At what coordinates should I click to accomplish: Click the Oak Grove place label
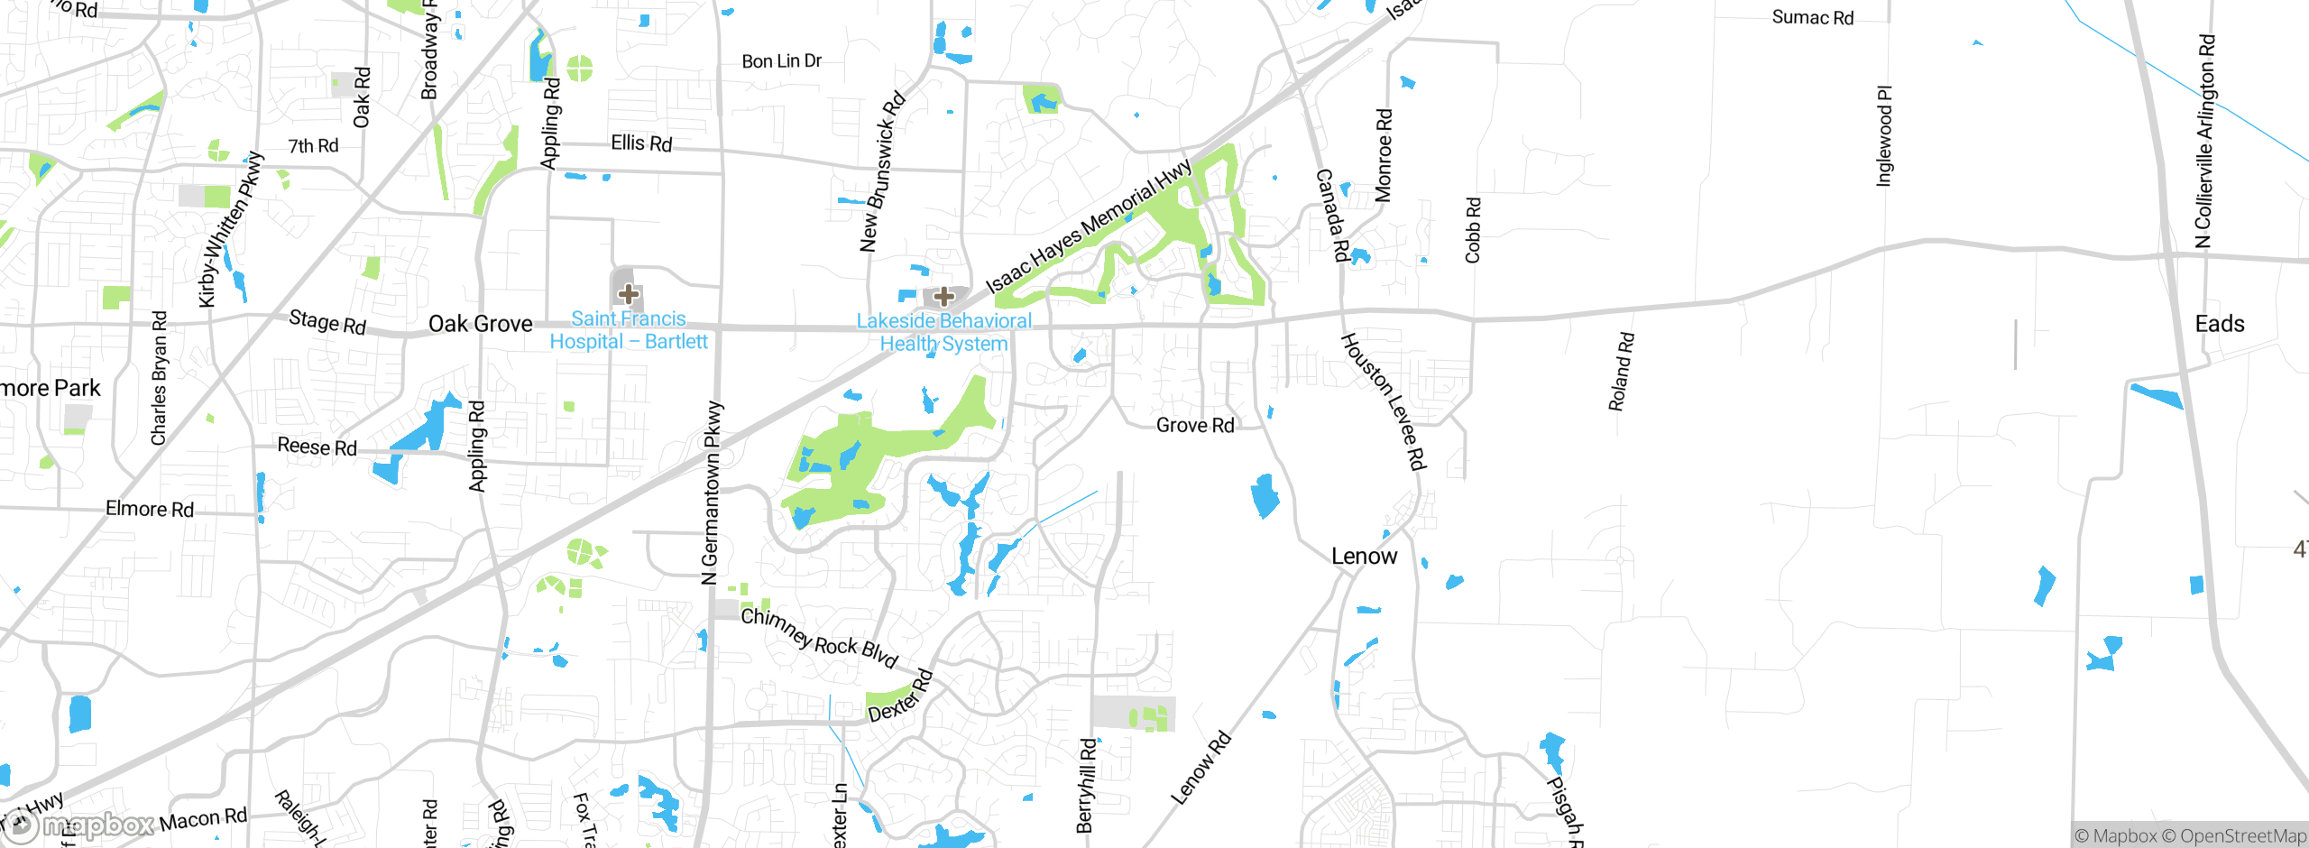[x=480, y=324]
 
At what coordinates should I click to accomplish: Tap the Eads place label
[x=2219, y=324]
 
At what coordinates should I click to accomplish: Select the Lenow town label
[x=1364, y=557]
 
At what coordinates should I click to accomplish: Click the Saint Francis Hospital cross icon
[x=629, y=293]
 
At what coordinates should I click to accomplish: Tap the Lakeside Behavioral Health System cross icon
[x=943, y=296]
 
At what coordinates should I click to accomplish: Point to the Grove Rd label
[x=1195, y=425]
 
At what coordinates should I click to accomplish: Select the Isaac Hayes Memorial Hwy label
[x=1088, y=226]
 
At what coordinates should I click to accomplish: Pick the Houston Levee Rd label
[x=1383, y=401]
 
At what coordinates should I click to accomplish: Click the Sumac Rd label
[x=1812, y=17]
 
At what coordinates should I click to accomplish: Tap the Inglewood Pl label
[x=1884, y=136]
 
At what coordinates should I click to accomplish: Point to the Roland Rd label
[x=1621, y=372]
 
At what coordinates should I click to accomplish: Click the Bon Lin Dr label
[x=781, y=61]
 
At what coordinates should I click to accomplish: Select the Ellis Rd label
[x=641, y=143]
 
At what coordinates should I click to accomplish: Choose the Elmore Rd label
[x=150, y=509]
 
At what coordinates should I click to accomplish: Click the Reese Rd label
[x=317, y=447]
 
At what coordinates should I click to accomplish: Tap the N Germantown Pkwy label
[x=712, y=493]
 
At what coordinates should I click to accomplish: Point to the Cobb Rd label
[x=1473, y=230]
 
